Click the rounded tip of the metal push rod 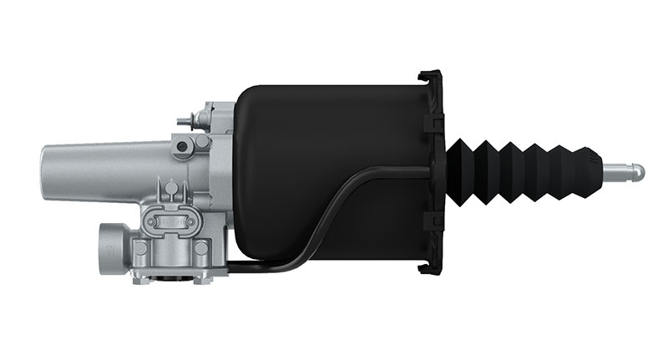[x=639, y=171]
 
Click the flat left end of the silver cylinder [x=43, y=170]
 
